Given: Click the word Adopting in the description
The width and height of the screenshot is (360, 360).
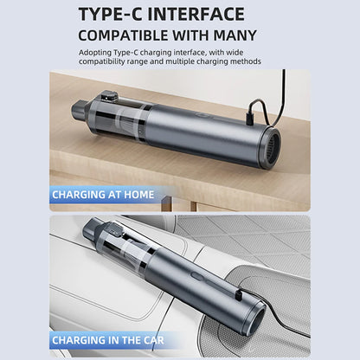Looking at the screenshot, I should [94, 52].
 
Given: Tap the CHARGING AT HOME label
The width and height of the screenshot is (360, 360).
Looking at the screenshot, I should [103, 195].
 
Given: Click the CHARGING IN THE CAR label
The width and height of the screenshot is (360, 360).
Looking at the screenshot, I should [108, 339].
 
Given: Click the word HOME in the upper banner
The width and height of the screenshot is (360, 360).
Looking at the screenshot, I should [138, 195].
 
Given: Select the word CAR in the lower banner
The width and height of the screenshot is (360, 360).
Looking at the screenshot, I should [152, 339].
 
